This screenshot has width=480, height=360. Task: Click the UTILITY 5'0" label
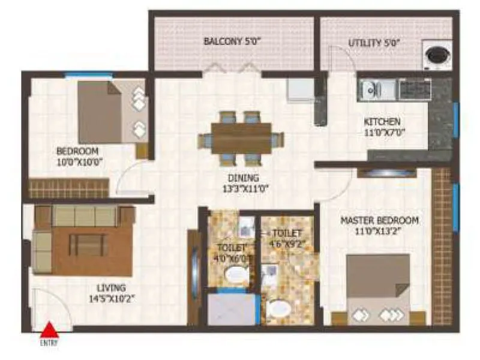[x=374, y=43]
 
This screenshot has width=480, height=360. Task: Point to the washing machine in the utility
[x=437, y=55]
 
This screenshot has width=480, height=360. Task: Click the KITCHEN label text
[x=382, y=122]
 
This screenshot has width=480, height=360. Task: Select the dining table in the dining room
[x=241, y=138]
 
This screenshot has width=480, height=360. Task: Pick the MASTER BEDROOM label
[x=379, y=220]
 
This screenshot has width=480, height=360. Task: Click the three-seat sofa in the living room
[x=84, y=215]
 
